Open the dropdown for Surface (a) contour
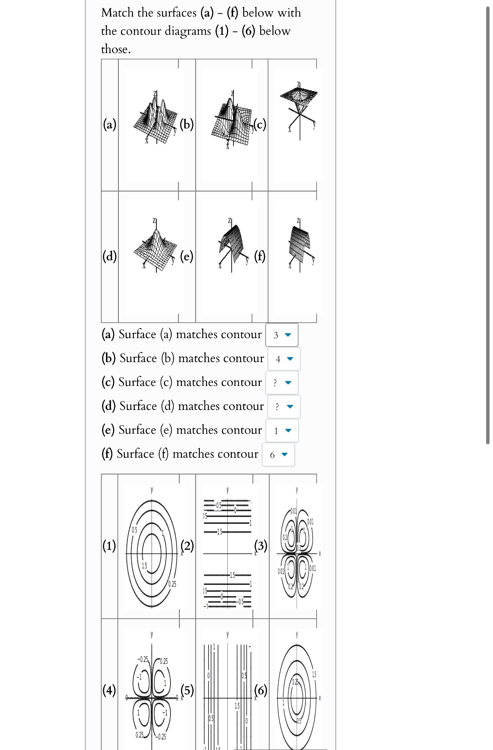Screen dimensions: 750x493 point(282,335)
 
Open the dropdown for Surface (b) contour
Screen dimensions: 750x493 point(284,359)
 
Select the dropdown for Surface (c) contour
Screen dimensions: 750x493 point(282,383)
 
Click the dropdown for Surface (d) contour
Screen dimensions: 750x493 point(284,407)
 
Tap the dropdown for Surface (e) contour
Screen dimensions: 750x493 point(282,431)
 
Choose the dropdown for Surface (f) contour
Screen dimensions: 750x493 point(278,455)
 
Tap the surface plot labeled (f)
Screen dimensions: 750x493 point(300,245)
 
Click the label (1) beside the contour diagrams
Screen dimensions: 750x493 point(109,545)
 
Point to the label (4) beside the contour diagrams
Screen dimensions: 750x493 point(109,690)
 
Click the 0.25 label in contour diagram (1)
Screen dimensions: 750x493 point(172,584)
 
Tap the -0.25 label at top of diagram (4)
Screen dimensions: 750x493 point(143,659)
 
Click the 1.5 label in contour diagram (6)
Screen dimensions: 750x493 point(314,674)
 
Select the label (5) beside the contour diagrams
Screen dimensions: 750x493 point(187,690)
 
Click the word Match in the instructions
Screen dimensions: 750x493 point(117,13)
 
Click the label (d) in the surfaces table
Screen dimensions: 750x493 point(109,255)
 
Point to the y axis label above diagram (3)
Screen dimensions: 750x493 point(297,490)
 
